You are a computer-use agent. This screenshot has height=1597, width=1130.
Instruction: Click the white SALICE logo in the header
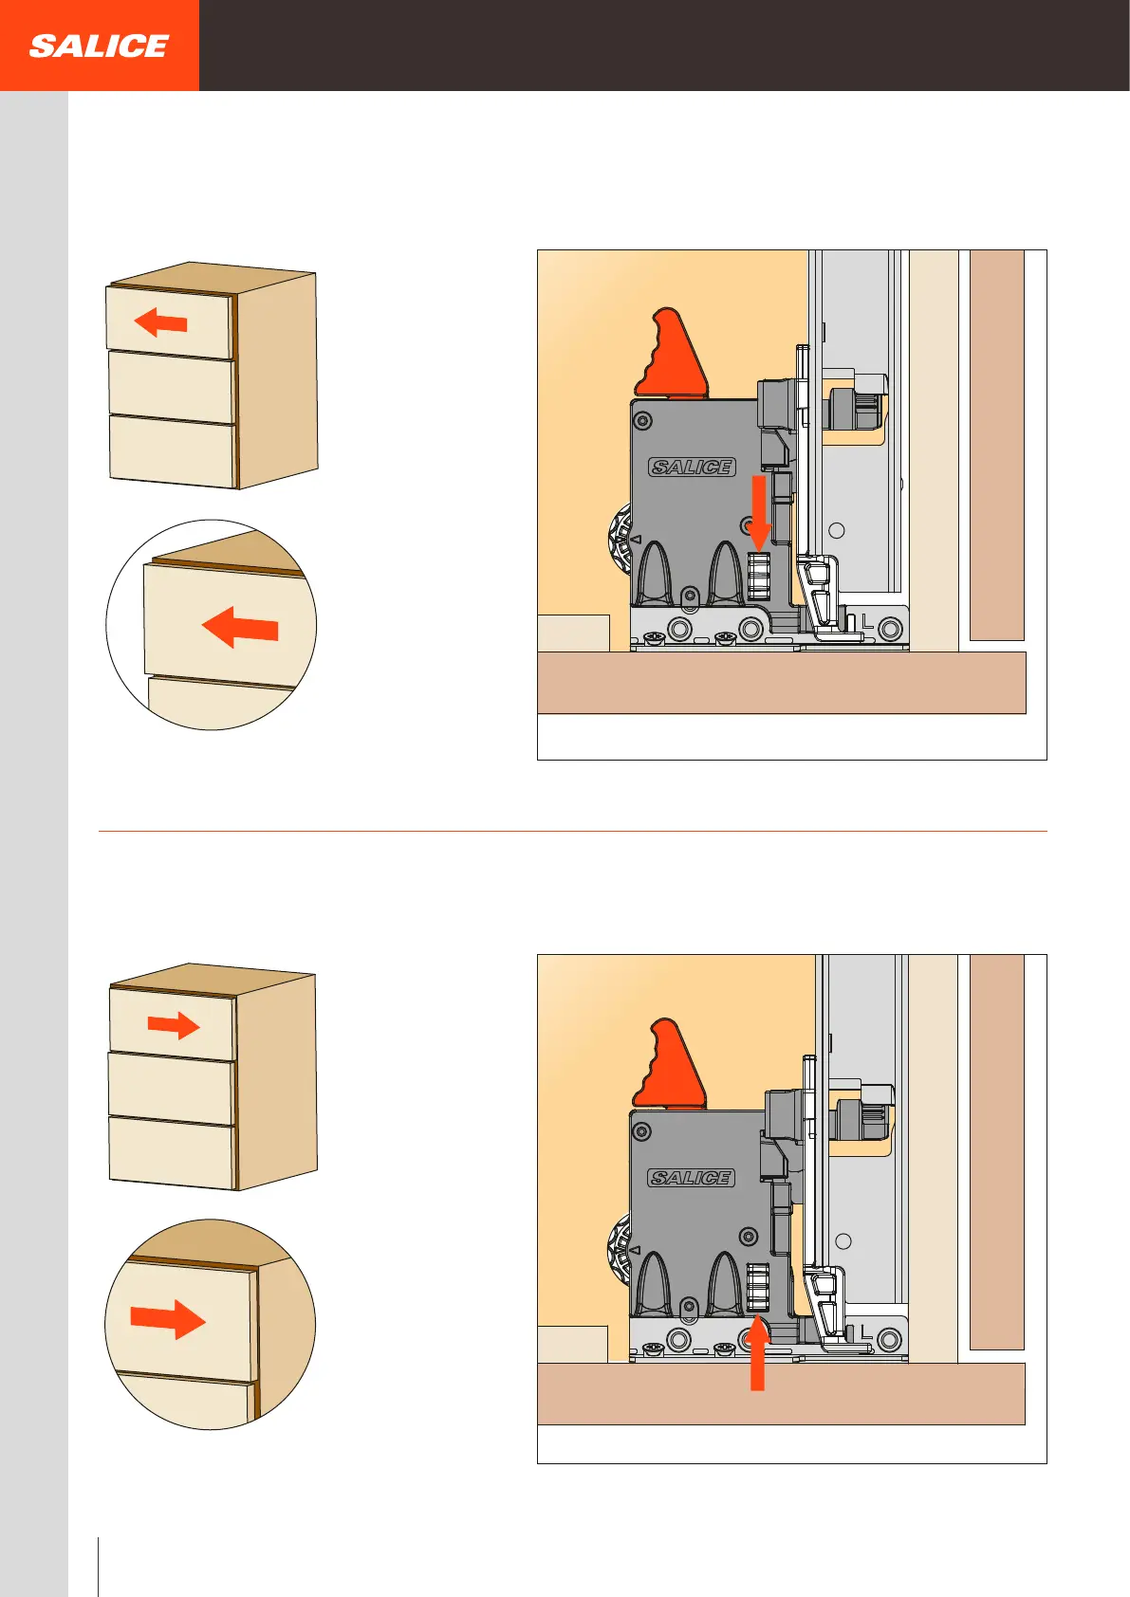click(x=99, y=46)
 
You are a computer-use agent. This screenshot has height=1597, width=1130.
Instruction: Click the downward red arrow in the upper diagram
click(x=759, y=512)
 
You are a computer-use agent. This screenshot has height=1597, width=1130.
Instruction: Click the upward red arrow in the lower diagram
click(x=758, y=1355)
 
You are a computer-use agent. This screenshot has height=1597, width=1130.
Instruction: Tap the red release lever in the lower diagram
click(x=669, y=1064)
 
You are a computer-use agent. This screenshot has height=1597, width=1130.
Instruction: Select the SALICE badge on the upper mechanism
click(x=692, y=467)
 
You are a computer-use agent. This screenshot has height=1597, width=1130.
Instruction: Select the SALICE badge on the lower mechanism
click(x=691, y=1178)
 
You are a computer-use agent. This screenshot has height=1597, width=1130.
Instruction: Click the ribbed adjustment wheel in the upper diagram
click(x=758, y=576)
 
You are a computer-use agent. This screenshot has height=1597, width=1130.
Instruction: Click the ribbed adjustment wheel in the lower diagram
click(x=758, y=1287)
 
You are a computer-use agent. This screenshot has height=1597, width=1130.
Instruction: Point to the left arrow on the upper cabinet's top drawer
click(x=160, y=322)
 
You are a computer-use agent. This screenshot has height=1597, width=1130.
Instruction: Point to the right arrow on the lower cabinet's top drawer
click(x=174, y=1025)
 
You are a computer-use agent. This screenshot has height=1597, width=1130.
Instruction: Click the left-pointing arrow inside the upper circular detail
click(x=240, y=628)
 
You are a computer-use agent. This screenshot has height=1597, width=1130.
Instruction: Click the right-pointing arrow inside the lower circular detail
click(x=168, y=1320)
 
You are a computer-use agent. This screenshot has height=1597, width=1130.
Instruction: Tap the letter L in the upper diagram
click(x=867, y=621)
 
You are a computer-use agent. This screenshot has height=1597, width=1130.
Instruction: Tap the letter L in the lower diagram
click(x=866, y=1331)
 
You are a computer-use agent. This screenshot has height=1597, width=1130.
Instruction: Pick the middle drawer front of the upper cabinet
click(x=171, y=387)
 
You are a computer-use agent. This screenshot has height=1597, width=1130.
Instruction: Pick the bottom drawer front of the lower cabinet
click(x=172, y=1153)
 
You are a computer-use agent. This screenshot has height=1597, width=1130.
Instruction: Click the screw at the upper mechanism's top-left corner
click(x=642, y=420)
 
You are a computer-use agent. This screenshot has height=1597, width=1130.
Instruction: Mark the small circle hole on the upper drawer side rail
click(x=837, y=530)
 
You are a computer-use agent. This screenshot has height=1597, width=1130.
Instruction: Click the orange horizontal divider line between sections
click(x=573, y=832)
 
